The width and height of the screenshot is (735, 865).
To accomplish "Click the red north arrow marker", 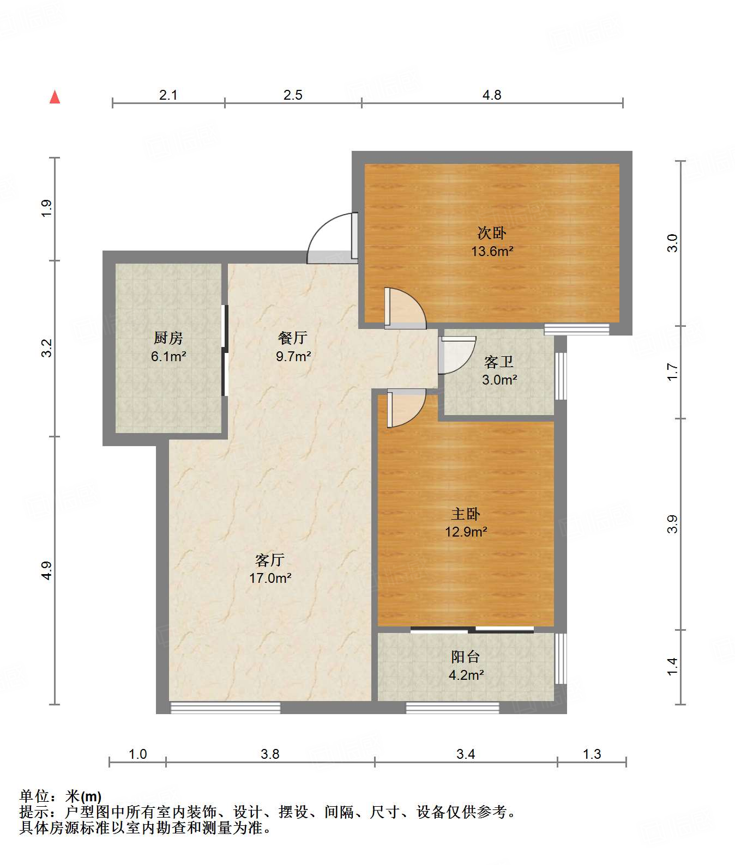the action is coord(55,97).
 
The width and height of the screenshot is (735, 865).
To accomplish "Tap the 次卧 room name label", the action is coord(492,233).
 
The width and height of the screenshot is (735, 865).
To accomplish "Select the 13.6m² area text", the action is coord(492,251).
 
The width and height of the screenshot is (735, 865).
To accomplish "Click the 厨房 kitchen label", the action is coord(168,338).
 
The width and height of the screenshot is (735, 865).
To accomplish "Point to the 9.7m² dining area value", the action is coord(293,356).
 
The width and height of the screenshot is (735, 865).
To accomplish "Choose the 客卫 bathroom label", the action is coord(499,362).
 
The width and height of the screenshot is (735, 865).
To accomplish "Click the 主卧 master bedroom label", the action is coord(466,514).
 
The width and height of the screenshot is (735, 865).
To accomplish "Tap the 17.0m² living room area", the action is coord(270,578).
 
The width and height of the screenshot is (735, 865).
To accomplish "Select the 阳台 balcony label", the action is coord(466,657).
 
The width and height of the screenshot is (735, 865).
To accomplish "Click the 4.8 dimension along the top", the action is coord(492,95).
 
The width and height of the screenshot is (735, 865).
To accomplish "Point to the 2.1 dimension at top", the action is coord(168,95).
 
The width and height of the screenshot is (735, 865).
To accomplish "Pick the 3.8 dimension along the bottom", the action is coord(270,754).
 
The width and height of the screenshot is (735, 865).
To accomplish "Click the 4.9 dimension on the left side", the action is coord(46,570).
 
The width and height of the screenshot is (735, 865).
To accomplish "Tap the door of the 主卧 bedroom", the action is coord(406,409).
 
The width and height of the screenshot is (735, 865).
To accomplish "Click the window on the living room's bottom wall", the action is coord(225,708).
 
